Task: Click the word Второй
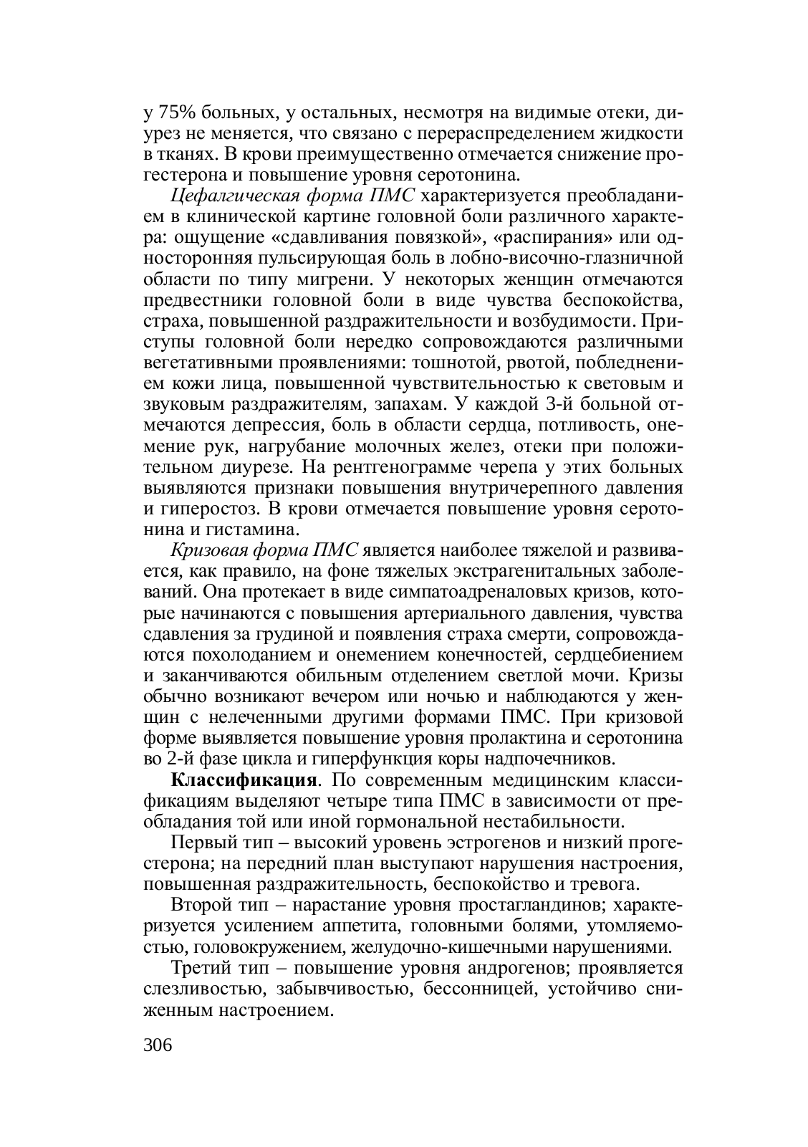tap(200, 904)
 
